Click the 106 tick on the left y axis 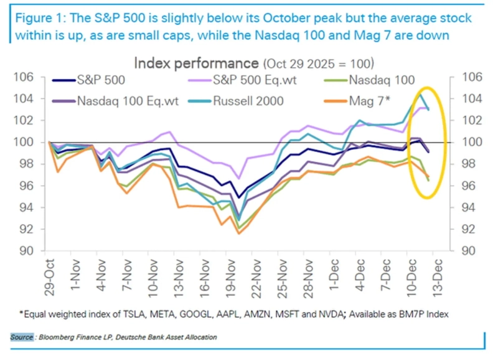(31, 77)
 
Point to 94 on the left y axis (34, 207)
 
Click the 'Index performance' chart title (196, 63)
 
